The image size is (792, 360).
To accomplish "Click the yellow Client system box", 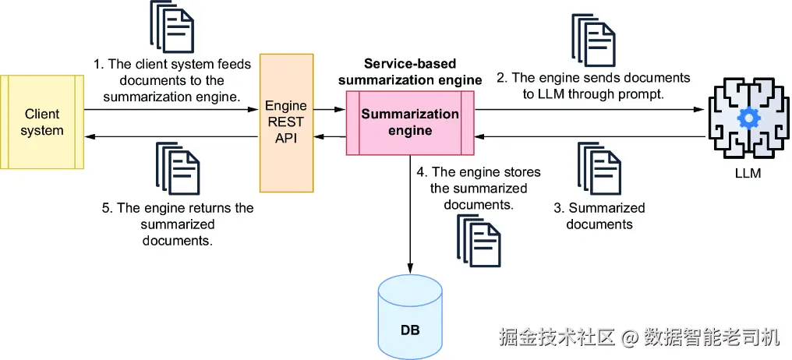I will click(x=42, y=122).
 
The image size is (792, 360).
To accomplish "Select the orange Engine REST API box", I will click(x=286, y=122).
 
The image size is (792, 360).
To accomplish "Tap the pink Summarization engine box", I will click(x=411, y=122).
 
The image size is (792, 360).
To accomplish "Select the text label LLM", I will click(x=747, y=172).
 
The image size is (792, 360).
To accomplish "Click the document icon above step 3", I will click(x=599, y=169).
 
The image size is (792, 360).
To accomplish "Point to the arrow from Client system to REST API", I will click(x=171, y=109).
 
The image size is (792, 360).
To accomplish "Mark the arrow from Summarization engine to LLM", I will click(x=592, y=109).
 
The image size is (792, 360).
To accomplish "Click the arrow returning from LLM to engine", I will click(x=592, y=136).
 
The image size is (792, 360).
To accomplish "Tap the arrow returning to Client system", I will click(x=171, y=136).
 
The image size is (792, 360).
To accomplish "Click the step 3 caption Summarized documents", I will click(x=599, y=216).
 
